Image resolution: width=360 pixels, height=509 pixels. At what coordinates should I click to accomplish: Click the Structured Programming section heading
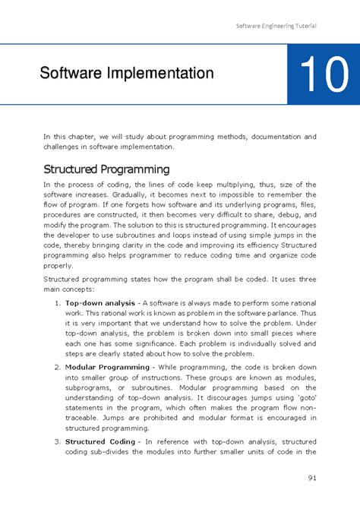point(106,168)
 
